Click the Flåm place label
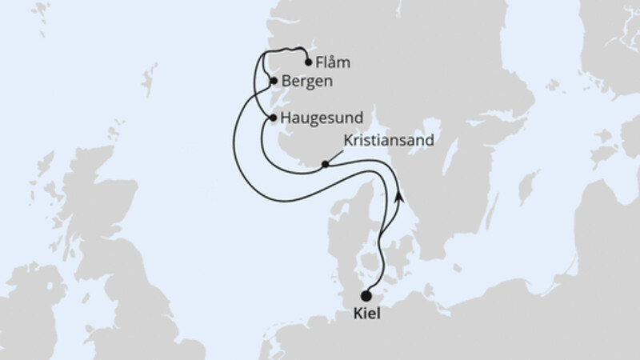334,62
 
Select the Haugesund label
317,118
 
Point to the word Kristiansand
388,140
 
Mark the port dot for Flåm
309,62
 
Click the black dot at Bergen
274,81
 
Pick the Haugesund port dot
274,118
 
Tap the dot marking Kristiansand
325,166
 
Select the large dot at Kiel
366,295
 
